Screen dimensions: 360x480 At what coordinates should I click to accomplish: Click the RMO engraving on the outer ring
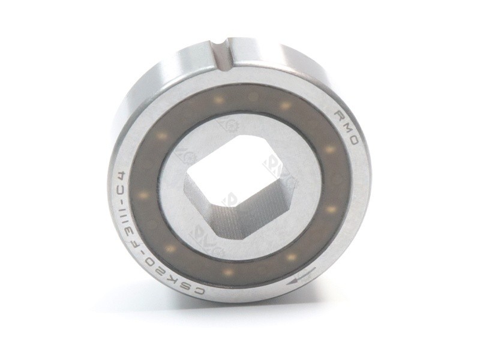coord(349,128)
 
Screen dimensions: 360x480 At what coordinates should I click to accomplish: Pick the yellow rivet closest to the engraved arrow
coord(292,257)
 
